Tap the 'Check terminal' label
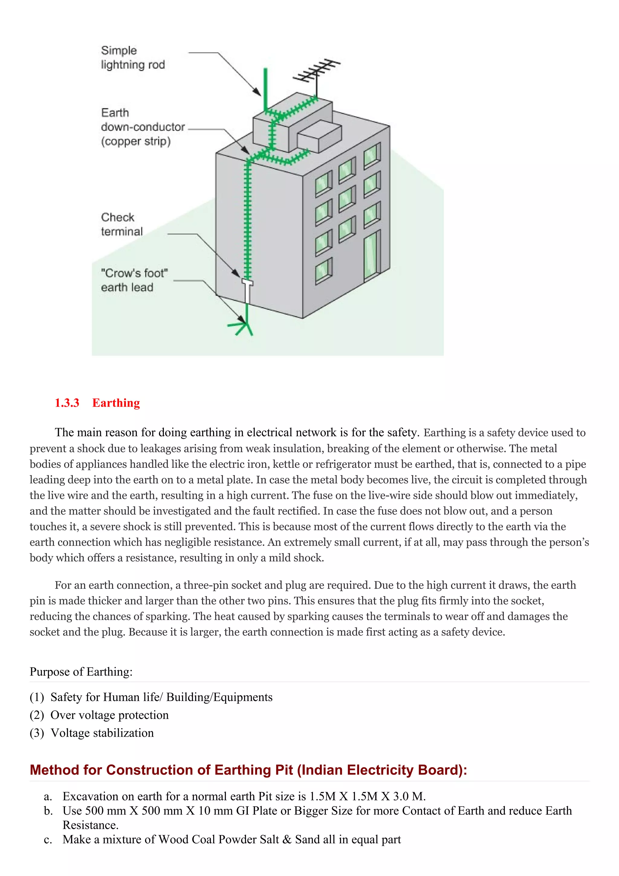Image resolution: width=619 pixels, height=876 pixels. [x=121, y=224]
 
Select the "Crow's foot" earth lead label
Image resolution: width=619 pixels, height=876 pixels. [x=134, y=280]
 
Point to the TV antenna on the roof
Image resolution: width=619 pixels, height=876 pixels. [x=316, y=72]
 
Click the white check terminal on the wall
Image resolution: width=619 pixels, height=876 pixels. [x=247, y=290]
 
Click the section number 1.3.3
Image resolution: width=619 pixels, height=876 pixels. [x=67, y=403]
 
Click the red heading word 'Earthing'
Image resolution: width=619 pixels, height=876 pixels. [x=116, y=403]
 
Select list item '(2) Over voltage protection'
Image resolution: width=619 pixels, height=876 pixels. [x=99, y=715]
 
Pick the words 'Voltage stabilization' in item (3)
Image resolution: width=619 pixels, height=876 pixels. [x=102, y=733]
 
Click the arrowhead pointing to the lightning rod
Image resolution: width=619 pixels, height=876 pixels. [x=258, y=92]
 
